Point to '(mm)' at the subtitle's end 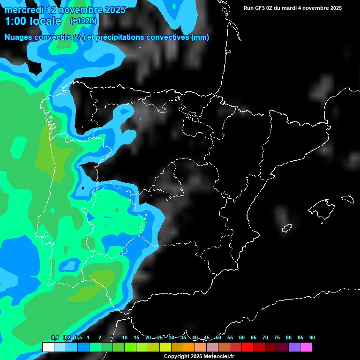point(200,37)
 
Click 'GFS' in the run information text point(262,8)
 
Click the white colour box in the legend point(48,347)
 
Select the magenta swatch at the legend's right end point(306,347)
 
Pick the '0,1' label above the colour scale point(54,338)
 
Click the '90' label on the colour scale point(312,338)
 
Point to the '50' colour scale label point(218,338)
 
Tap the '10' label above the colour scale point(125,338)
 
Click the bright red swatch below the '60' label point(247,347)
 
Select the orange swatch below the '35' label point(189,347)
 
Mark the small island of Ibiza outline point(287,228)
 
